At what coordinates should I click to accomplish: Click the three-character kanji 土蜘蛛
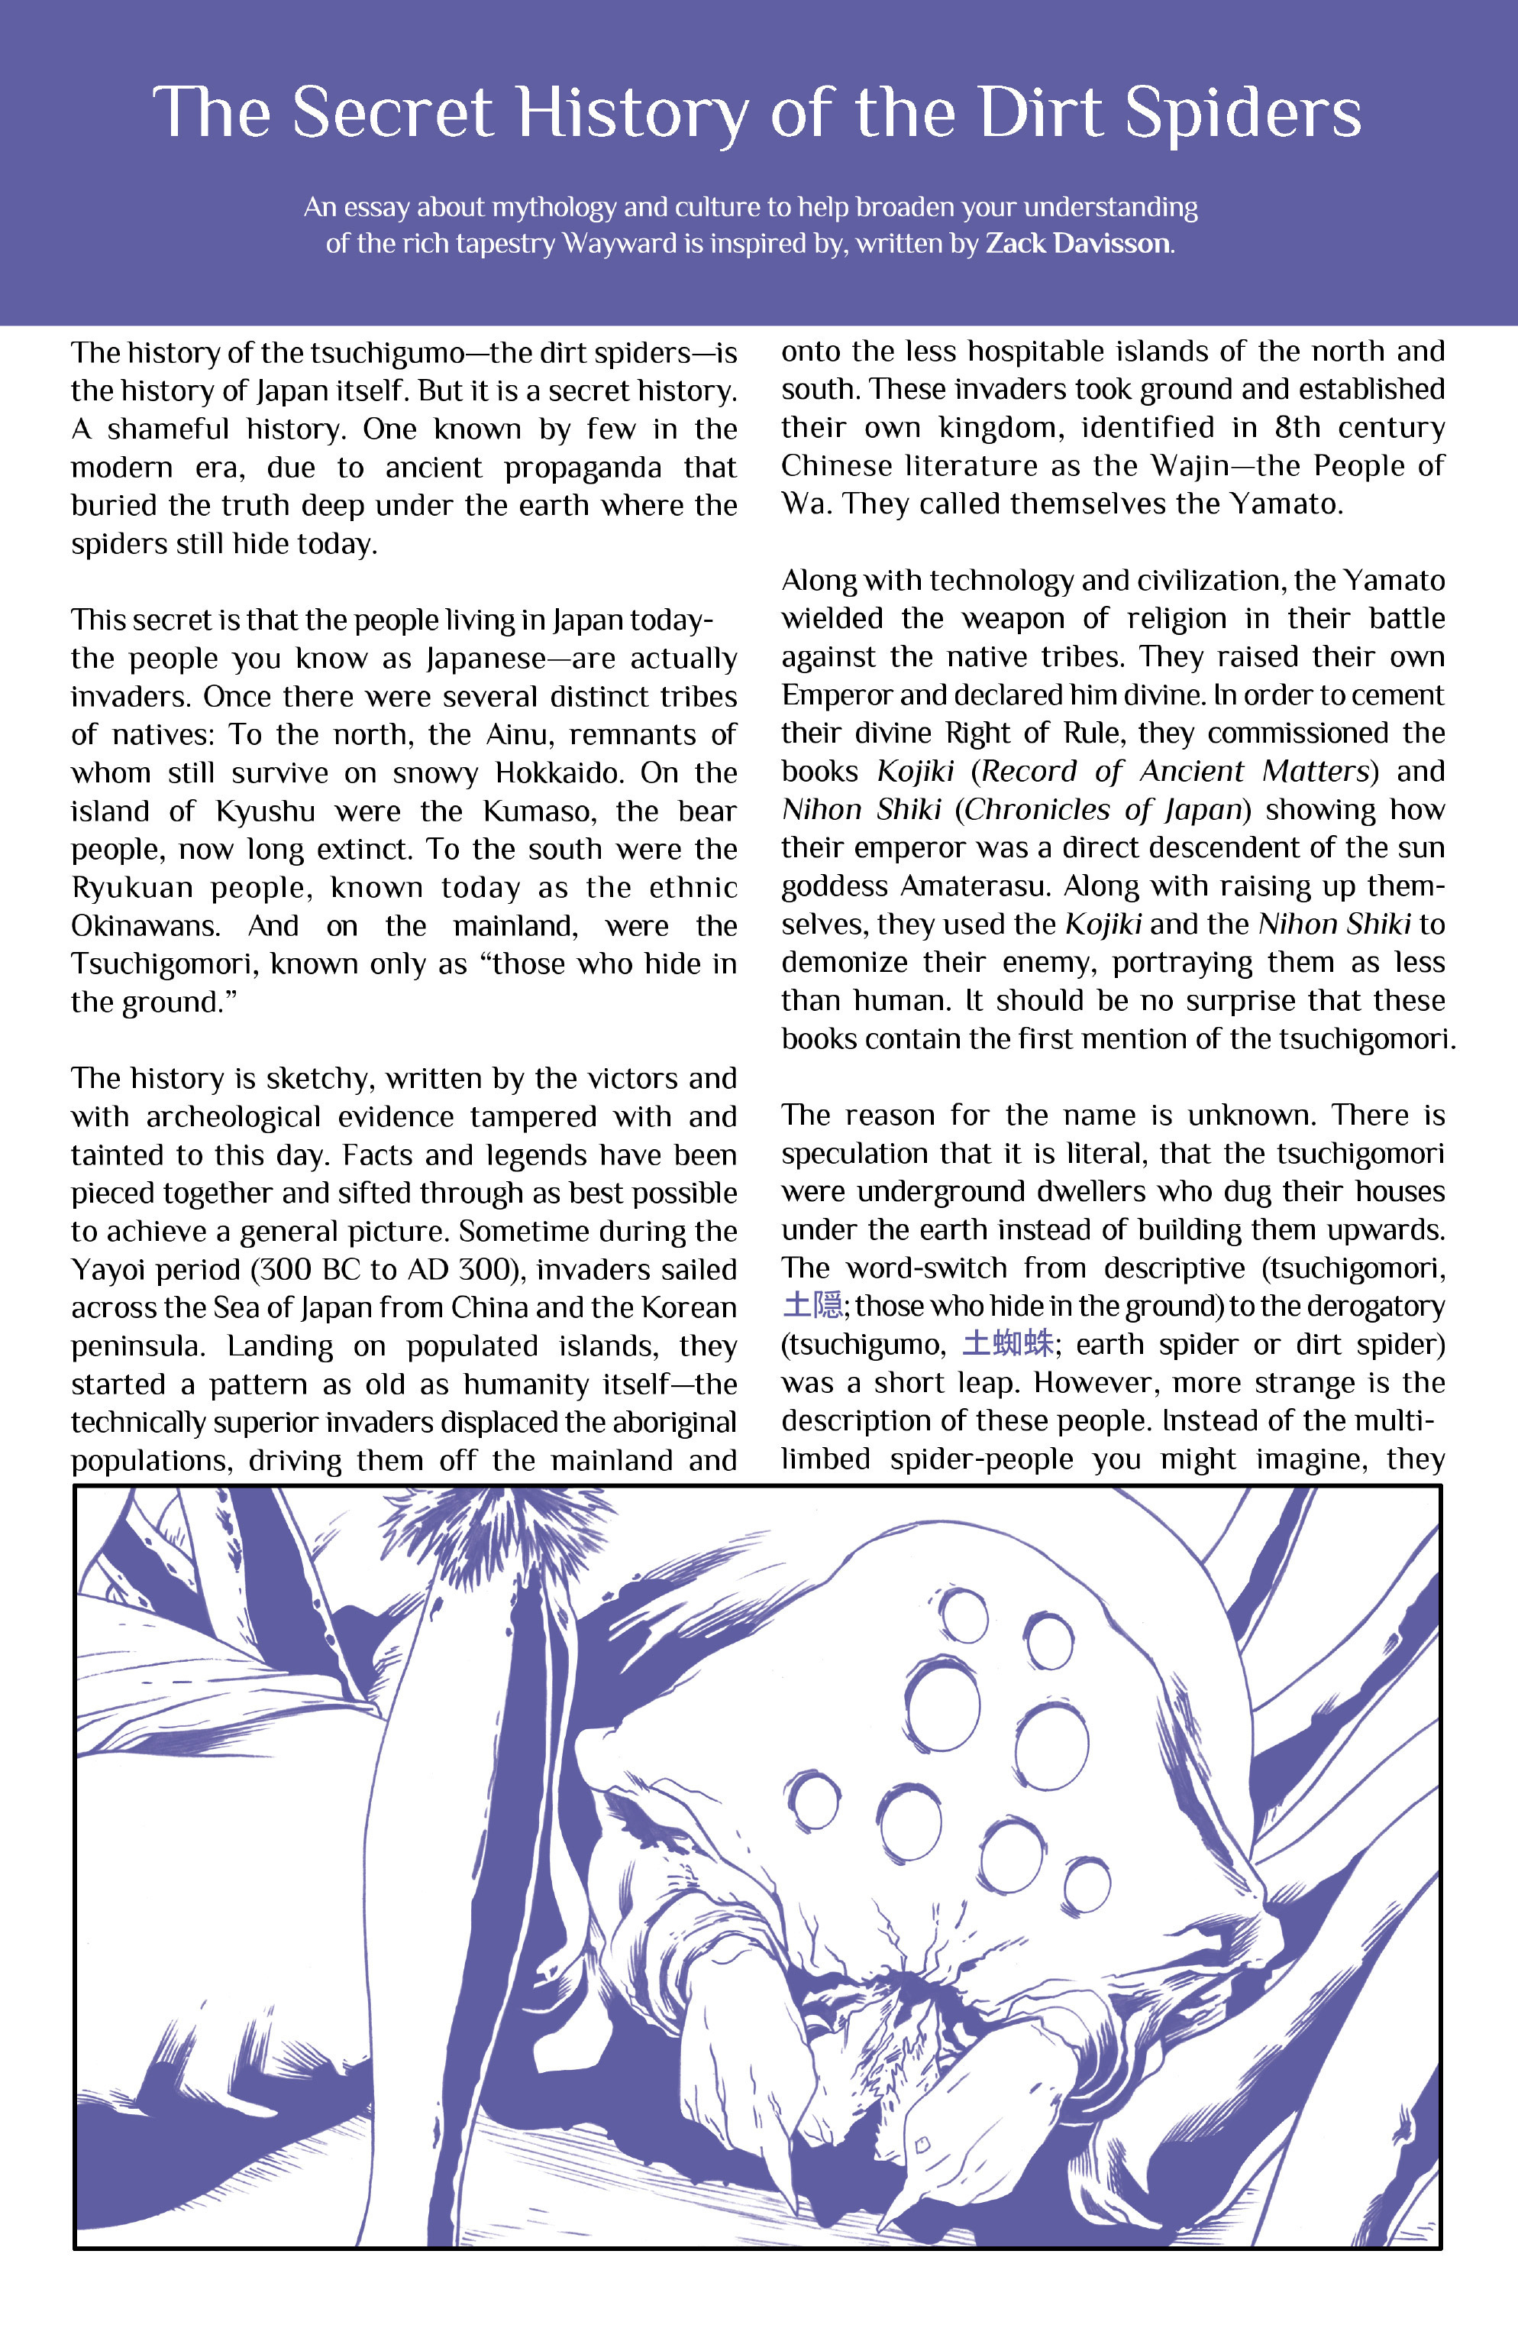1008,1344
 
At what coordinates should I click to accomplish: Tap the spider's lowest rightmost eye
1087,1885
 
